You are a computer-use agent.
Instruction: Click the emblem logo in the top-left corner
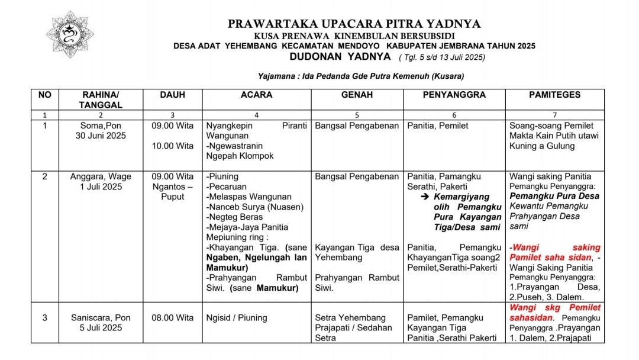(70, 34)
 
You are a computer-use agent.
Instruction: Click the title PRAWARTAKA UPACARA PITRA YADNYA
(354, 24)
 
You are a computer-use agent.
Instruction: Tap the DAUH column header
(172, 95)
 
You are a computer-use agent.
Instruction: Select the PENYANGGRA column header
(454, 95)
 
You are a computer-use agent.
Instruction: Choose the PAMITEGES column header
(554, 95)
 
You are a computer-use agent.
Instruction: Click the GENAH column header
(357, 95)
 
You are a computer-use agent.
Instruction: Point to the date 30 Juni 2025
(100, 136)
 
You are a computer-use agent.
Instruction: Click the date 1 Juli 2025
(100, 187)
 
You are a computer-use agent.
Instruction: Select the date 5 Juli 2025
(100, 327)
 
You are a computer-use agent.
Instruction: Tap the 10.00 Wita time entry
(172, 146)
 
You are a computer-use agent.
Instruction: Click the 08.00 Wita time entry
(172, 317)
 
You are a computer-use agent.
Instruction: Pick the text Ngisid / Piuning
(237, 317)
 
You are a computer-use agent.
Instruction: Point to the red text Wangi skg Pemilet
(554, 307)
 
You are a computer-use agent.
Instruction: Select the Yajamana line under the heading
(361, 76)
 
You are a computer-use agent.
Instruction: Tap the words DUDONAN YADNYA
(340, 57)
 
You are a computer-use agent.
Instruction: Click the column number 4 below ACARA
(256, 115)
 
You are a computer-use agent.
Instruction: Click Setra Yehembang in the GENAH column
(350, 317)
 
